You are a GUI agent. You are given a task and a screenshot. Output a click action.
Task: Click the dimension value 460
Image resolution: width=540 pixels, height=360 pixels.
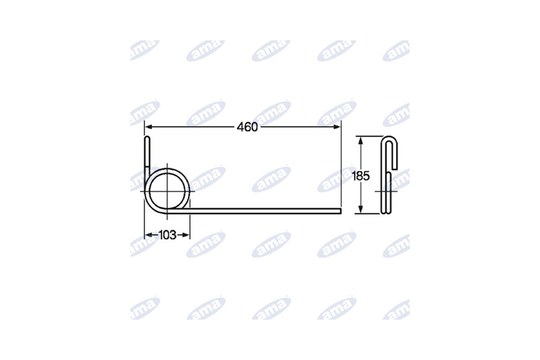click(247, 127)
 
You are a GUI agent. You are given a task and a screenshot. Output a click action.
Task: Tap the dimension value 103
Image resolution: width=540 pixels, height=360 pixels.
click(168, 235)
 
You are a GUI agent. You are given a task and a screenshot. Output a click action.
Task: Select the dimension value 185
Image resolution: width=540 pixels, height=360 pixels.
click(361, 176)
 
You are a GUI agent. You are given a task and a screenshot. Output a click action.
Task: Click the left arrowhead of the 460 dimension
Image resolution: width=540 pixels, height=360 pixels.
click(148, 127)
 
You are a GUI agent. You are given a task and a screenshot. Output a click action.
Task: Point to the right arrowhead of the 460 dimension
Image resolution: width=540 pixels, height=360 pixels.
click(337, 127)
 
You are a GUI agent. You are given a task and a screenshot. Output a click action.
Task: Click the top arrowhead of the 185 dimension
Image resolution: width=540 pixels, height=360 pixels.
click(361, 140)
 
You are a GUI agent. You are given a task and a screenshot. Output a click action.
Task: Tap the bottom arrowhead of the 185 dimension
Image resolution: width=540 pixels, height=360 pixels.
click(361, 209)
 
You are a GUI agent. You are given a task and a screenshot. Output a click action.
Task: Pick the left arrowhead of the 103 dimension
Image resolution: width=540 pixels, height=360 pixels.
click(148, 235)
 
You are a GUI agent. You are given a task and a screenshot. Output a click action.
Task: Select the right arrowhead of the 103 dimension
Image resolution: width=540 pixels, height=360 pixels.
click(186, 235)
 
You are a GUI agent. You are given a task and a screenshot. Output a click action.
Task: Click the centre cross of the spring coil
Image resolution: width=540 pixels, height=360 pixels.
click(167, 191)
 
